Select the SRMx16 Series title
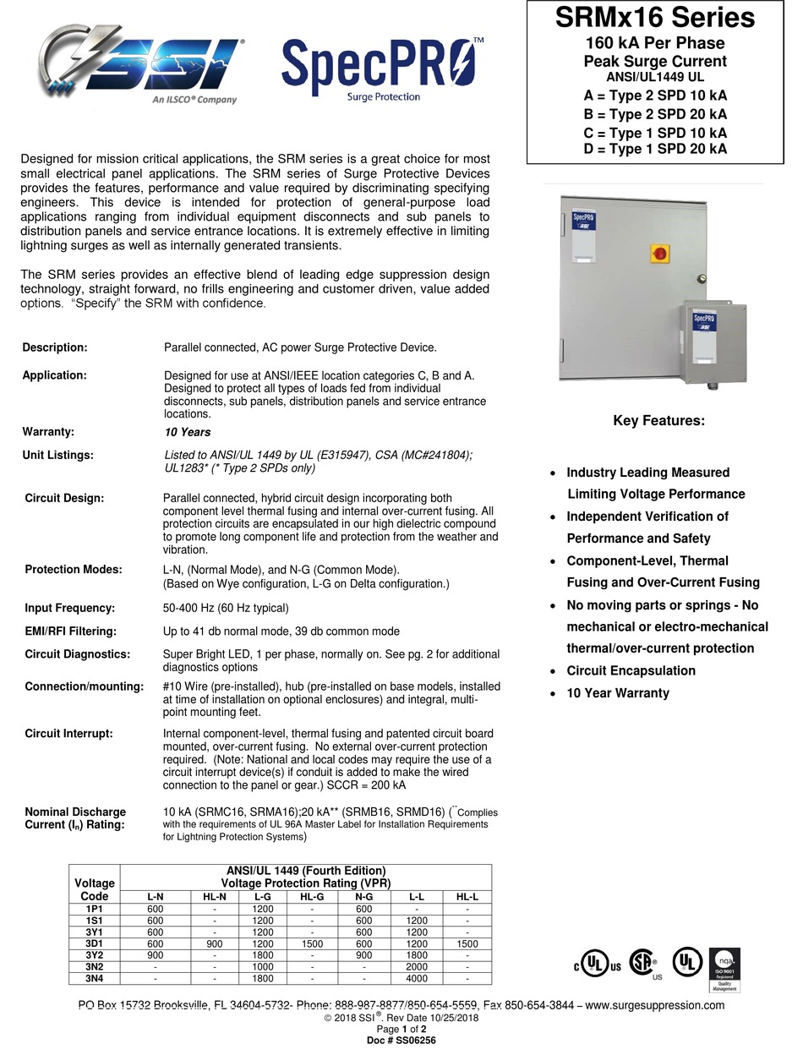click(655, 18)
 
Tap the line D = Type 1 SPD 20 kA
click(655, 150)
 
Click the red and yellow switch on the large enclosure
click(660, 253)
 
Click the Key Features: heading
click(658, 421)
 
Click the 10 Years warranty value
click(188, 432)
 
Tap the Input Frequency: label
click(69, 608)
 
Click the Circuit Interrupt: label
click(68, 734)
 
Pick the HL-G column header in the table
click(311, 897)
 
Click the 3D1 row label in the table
click(94, 943)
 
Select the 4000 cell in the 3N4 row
click(417, 979)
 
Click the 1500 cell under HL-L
click(467, 943)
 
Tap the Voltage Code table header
click(94, 889)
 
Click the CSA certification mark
click(646, 965)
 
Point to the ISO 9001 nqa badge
click(724, 969)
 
